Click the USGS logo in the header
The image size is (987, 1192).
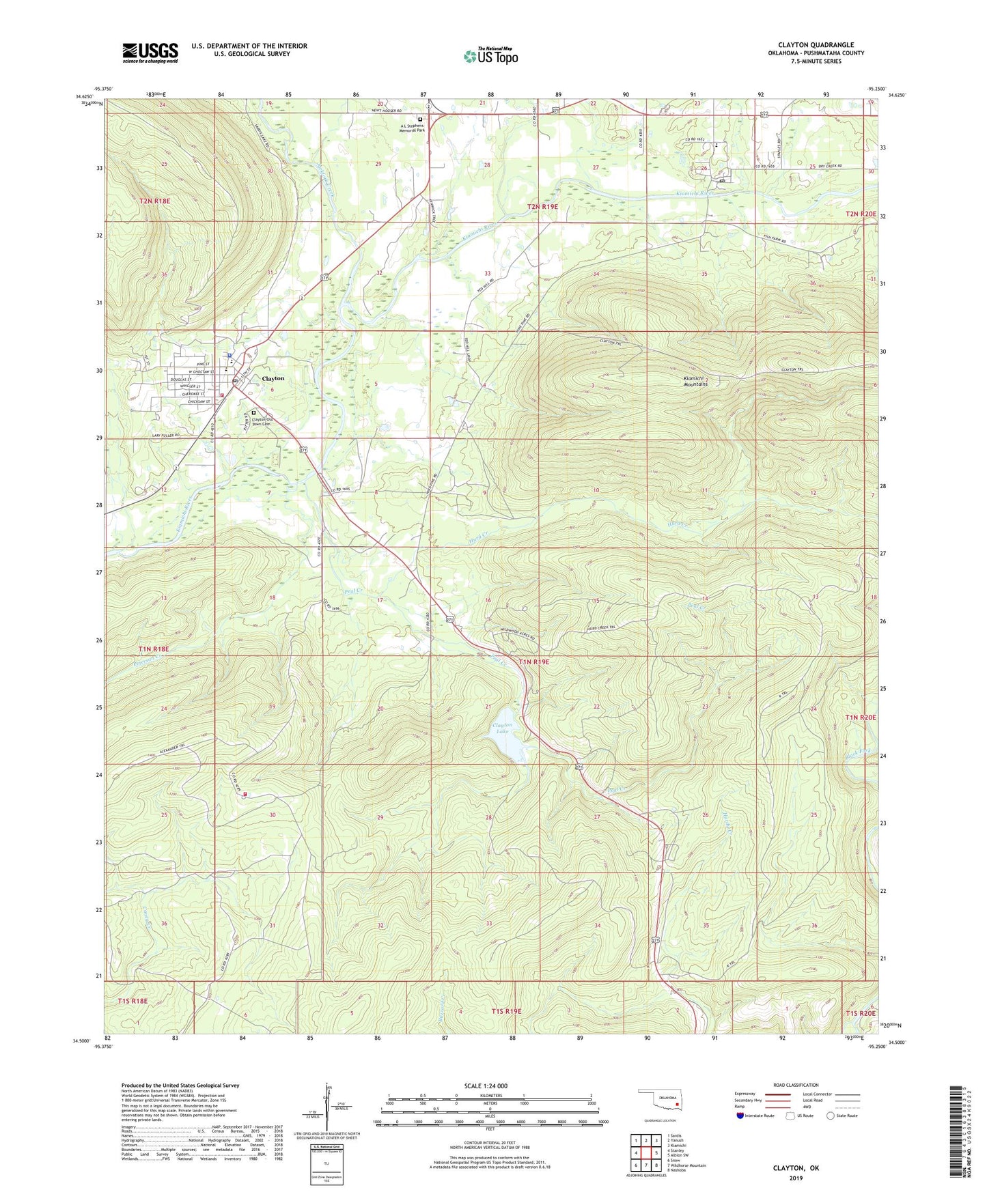coord(150,52)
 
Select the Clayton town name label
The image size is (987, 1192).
coord(273,378)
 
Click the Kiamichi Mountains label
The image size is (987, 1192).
coord(695,381)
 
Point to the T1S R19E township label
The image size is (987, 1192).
coord(506,1011)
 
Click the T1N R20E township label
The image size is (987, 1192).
coord(860,718)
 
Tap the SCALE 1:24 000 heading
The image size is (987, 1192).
coord(486,1085)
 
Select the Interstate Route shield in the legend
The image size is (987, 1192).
coord(741,1116)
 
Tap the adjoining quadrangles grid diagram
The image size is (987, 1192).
coord(645,1152)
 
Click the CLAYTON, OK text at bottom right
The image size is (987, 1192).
coord(796,1168)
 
